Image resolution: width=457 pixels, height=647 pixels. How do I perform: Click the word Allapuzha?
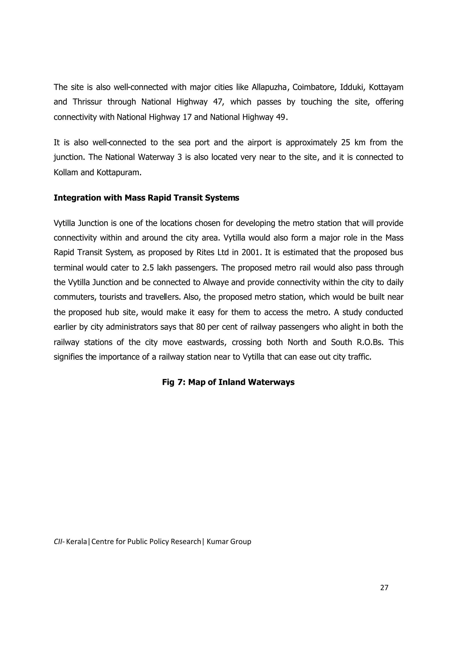(269, 87)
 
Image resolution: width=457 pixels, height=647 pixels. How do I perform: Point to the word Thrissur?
(87, 102)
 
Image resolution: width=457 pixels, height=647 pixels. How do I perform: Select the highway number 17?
(187, 117)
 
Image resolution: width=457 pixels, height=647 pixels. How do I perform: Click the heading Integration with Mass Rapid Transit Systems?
(146, 198)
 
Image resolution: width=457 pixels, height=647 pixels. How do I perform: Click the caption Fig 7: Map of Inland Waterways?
(228, 382)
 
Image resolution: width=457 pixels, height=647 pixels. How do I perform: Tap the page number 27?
(384, 588)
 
